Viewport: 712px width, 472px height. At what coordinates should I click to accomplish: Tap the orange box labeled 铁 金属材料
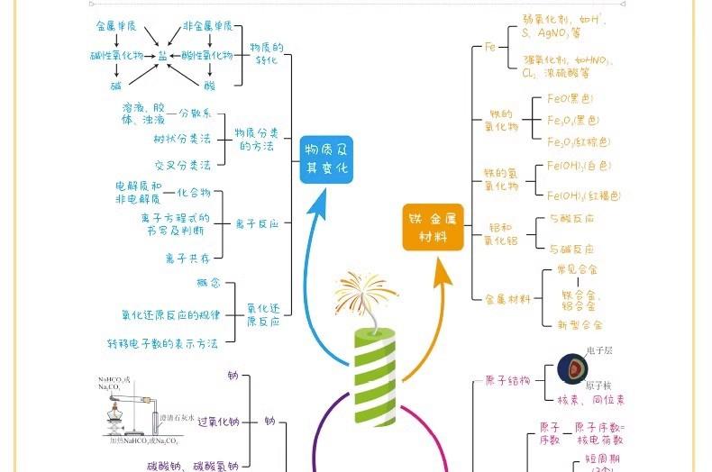[433, 227]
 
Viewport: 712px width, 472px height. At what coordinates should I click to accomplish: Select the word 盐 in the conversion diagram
[162, 55]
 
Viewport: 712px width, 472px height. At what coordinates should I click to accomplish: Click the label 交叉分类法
[181, 165]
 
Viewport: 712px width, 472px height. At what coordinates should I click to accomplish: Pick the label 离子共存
[187, 258]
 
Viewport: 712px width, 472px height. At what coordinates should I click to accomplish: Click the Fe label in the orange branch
[490, 46]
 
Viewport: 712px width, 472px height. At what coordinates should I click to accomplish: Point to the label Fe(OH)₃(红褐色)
[584, 195]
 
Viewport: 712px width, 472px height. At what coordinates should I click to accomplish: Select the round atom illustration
[572, 368]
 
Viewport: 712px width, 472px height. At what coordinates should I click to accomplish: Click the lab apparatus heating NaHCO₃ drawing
[135, 410]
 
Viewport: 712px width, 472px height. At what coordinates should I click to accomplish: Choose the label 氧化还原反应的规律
[171, 314]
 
